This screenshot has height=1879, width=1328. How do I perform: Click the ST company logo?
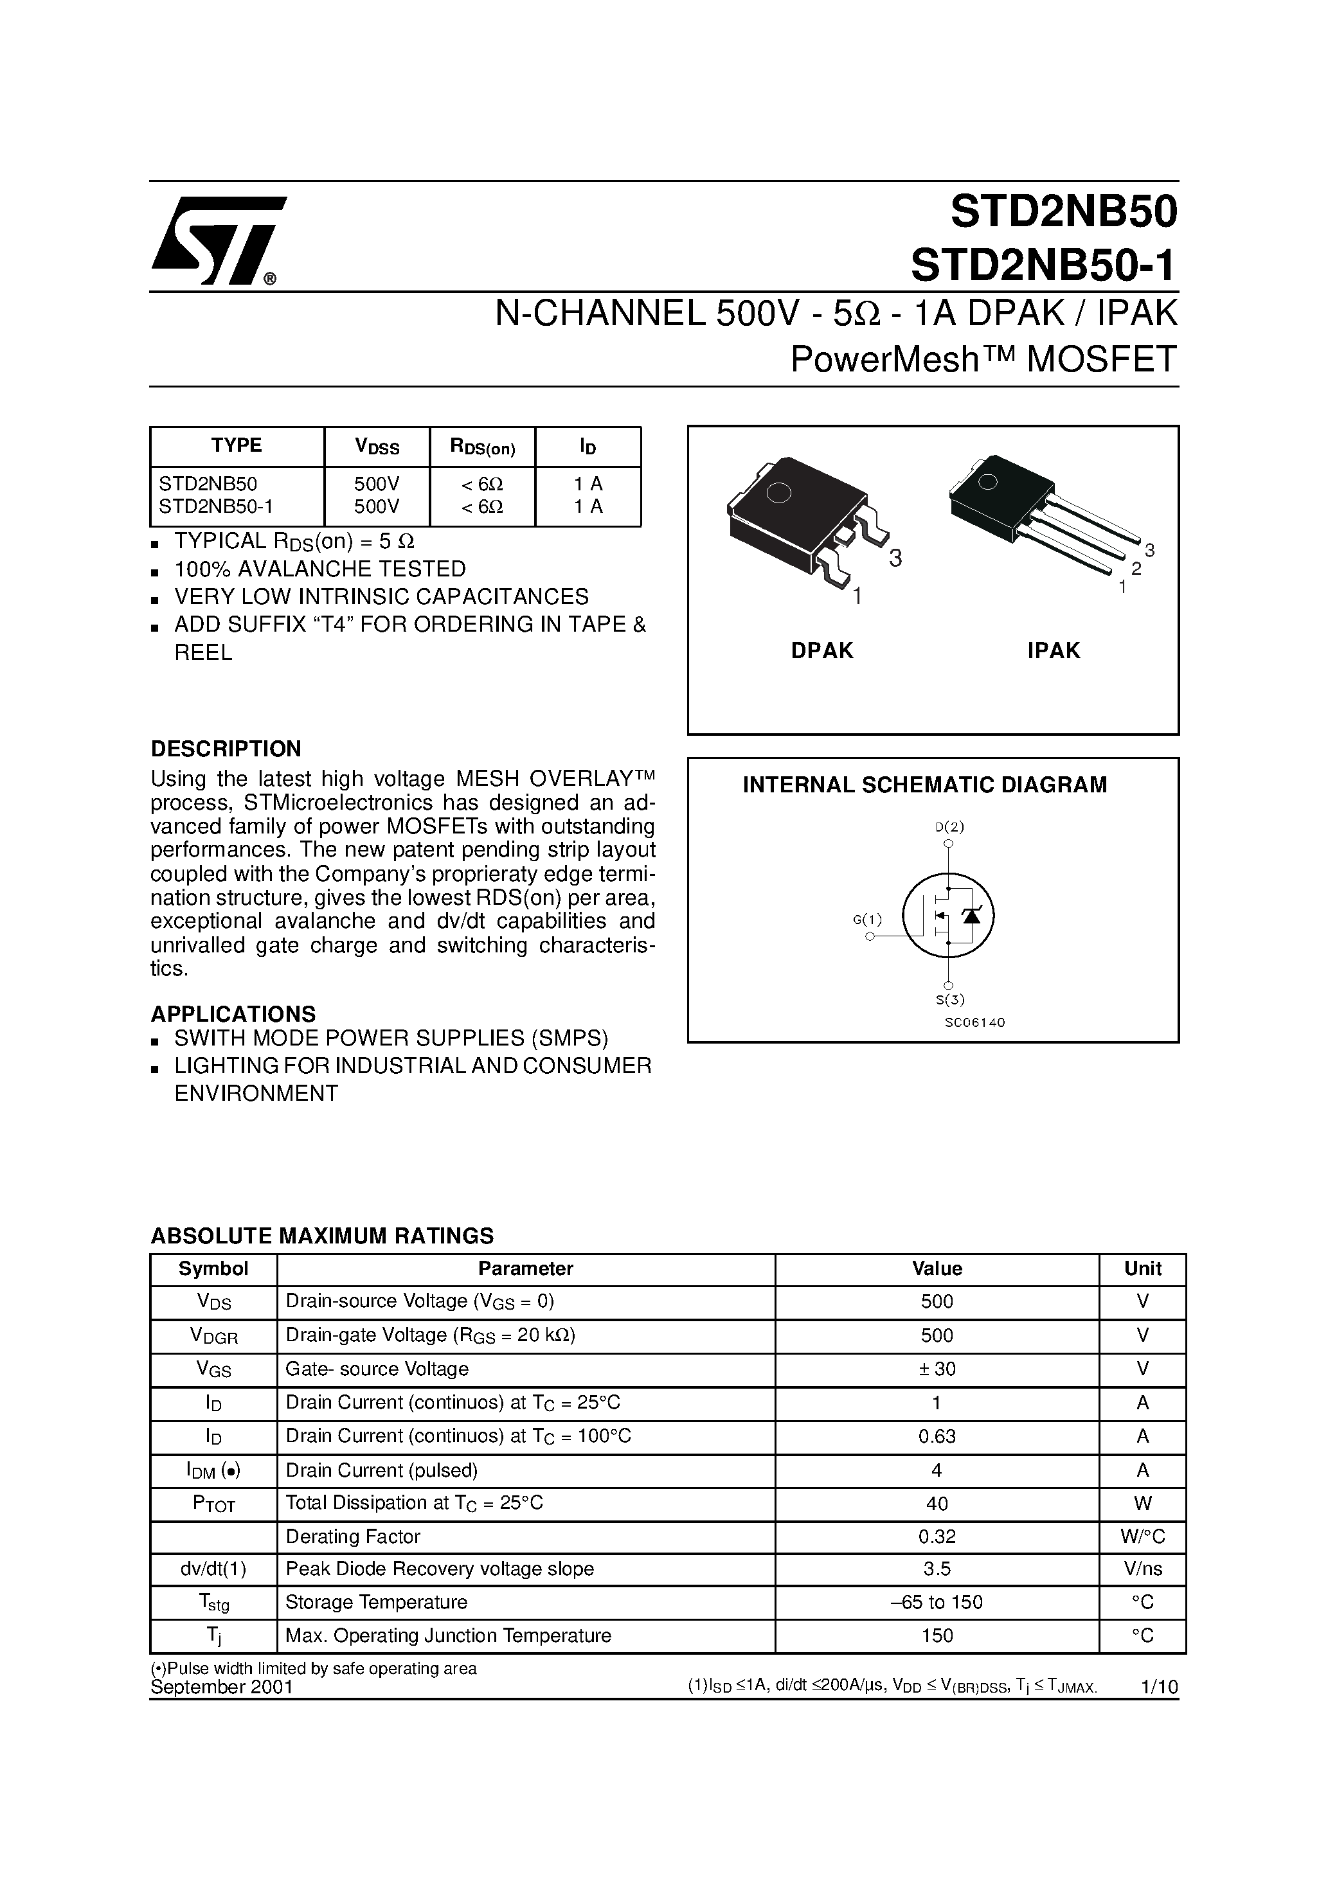click(218, 240)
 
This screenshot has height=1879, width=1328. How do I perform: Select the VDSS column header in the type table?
click(377, 447)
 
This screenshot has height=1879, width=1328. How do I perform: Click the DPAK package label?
click(822, 650)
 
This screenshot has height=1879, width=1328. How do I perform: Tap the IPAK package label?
click(1054, 650)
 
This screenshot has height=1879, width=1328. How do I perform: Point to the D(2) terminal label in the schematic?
click(950, 826)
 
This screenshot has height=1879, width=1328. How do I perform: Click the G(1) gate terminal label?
click(868, 919)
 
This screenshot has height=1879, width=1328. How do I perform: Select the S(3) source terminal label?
click(951, 999)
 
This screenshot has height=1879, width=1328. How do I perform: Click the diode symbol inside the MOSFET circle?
click(972, 916)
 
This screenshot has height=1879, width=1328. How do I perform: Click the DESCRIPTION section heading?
click(226, 749)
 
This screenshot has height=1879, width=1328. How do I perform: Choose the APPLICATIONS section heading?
click(233, 1014)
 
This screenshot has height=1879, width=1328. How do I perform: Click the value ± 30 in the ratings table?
click(937, 1368)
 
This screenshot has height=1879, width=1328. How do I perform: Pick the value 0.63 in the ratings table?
click(937, 1436)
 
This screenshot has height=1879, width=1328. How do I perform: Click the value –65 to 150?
click(937, 1603)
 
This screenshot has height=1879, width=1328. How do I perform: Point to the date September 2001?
click(222, 1688)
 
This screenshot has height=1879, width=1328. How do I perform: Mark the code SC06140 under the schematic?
click(973, 1022)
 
